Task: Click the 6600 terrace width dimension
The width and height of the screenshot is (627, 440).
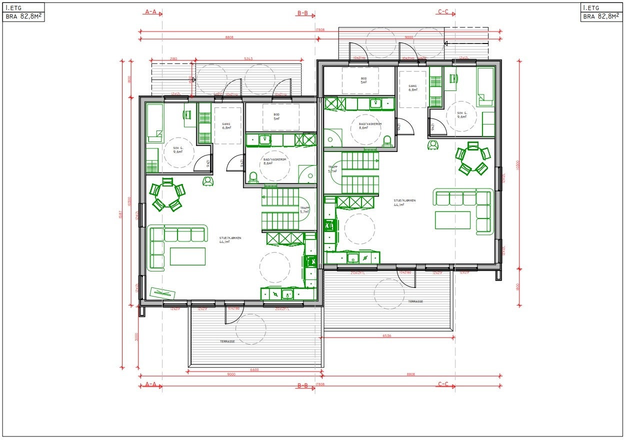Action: [254, 370]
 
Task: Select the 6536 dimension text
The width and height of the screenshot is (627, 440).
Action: [386, 336]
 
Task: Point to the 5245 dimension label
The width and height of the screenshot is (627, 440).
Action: [248, 59]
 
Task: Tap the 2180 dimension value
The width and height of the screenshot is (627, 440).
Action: [173, 59]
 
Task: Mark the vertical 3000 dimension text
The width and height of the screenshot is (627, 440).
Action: [136, 337]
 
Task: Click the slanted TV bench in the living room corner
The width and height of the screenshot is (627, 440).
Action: [163, 292]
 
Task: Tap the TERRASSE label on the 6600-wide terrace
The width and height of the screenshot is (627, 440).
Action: [227, 341]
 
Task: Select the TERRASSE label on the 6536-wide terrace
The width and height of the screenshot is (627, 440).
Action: [415, 301]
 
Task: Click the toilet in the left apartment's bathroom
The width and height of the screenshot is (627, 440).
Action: [253, 177]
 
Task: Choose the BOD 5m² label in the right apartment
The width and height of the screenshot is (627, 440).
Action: [363, 81]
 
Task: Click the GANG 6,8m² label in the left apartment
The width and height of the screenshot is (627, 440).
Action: [226, 126]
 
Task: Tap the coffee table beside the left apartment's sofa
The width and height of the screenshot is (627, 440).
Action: [187, 256]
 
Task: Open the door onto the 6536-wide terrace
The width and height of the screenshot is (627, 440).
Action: [406, 278]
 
